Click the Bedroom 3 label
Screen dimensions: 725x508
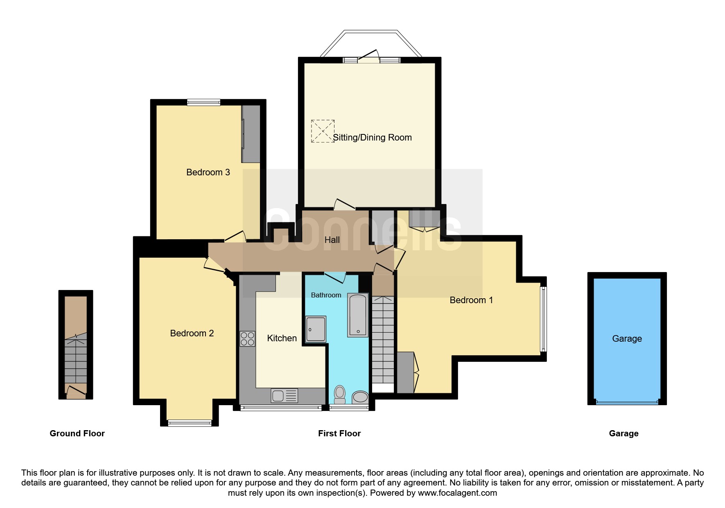(x=208, y=172)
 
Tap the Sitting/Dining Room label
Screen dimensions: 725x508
(x=372, y=138)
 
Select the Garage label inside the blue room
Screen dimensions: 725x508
(x=627, y=339)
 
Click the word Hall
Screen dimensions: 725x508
(x=332, y=240)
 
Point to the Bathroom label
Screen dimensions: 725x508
(x=326, y=295)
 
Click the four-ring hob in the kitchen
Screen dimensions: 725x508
(x=247, y=339)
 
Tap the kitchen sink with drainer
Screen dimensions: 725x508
(x=284, y=396)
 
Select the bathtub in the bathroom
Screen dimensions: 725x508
(x=358, y=315)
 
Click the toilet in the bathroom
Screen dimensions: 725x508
(x=340, y=395)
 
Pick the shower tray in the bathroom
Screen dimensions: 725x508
(x=316, y=329)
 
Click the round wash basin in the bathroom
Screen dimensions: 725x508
(x=360, y=397)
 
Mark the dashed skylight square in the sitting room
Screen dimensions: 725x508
(x=323, y=131)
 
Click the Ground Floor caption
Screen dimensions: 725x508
(x=77, y=433)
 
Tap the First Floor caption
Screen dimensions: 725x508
(x=339, y=433)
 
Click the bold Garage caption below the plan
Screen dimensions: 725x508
(x=623, y=434)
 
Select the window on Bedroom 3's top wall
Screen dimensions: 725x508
(x=204, y=102)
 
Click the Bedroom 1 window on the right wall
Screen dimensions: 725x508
(x=543, y=319)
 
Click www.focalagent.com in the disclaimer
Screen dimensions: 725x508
(x=457, y=493)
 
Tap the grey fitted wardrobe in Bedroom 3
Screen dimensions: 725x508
(x=251, y=134)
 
